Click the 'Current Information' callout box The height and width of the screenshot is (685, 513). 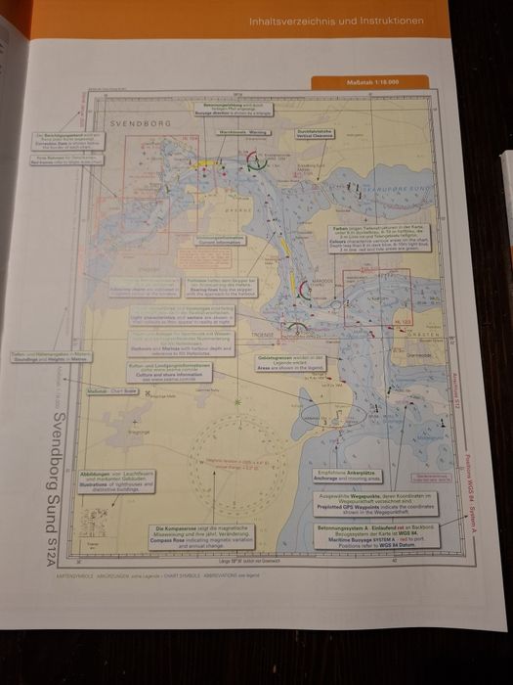(218, 241)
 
